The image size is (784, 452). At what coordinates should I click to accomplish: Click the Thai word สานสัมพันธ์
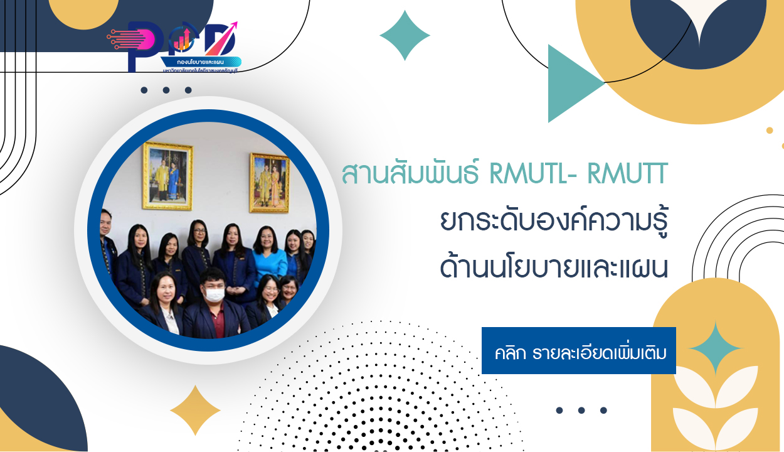(x=411, y=175)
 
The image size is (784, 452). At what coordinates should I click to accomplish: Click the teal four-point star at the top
(x=405, y=35)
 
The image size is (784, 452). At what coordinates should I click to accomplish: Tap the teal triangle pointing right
(x=571, y=83)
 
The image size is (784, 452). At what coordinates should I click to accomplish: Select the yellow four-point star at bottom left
(x=195, y=410)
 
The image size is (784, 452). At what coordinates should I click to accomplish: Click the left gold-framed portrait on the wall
(x=167, y=176)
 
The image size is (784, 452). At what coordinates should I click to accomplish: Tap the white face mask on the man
(x=215, y=293)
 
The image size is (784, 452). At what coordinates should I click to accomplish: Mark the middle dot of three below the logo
(x=166, y=90)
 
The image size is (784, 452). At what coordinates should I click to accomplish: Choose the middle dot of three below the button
(x=581, y=411)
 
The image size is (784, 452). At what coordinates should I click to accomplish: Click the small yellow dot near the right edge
(x=770, y=131)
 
